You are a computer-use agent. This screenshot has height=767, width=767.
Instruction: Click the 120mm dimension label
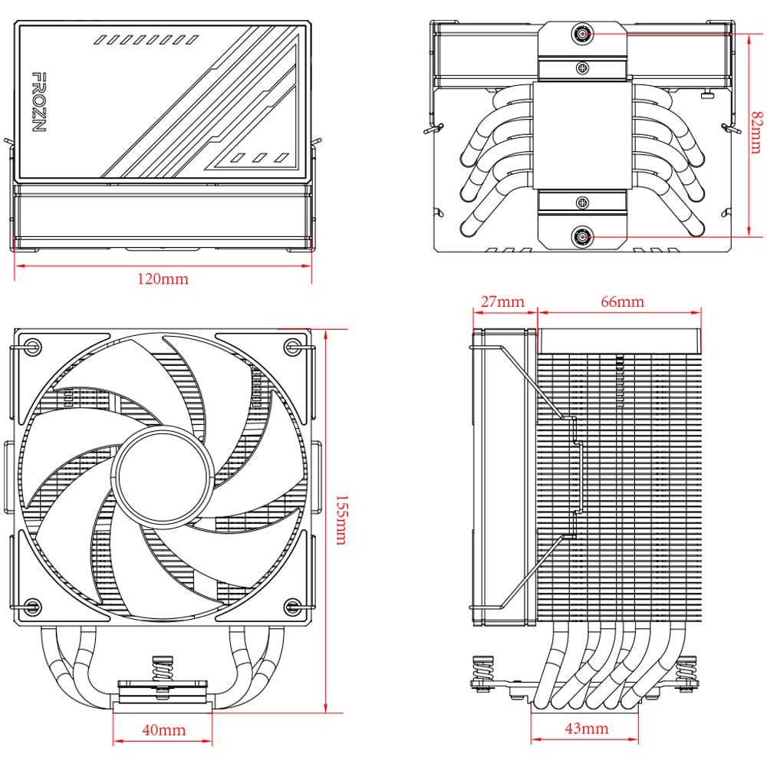[163, 279]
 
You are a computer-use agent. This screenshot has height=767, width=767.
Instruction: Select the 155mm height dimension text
[340, 519]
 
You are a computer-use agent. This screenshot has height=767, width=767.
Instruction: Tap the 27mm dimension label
[502, 301]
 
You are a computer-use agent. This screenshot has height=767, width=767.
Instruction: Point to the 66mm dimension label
[621, 301]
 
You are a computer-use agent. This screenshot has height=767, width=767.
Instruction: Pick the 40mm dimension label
[163, 730]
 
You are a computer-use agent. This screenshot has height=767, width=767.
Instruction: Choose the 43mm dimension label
[586, 728]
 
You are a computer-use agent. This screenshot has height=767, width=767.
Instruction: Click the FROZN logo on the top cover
[39, 102]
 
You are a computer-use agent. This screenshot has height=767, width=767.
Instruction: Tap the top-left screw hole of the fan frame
[32, 346]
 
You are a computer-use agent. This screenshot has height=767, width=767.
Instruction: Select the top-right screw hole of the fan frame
[291, 346]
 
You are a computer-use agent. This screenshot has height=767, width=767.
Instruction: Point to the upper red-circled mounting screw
[583, 35]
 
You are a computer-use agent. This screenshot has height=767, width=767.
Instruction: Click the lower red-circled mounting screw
[583, 238]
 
